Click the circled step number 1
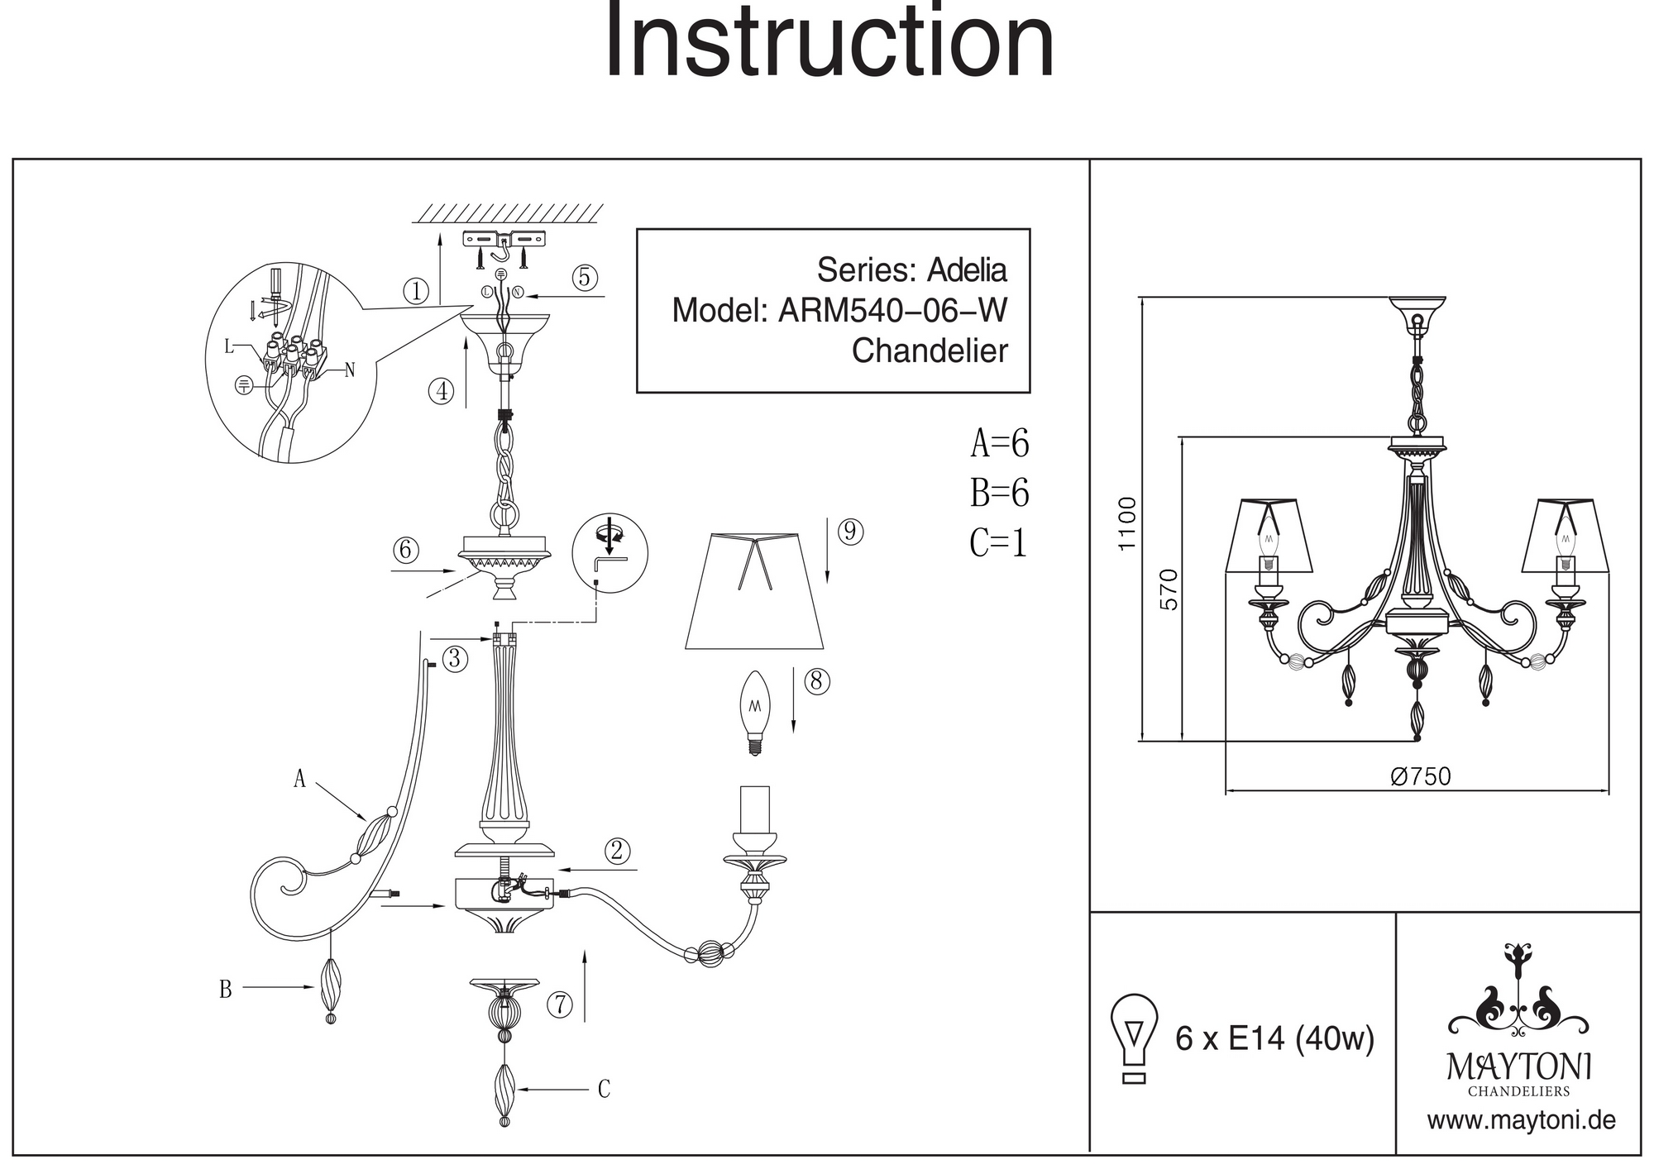tap(416, 291)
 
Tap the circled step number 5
tap(585, 278)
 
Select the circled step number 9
tap(850, 532)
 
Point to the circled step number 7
tap(560, 1004)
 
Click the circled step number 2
tap(616, 851)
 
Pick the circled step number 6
tap(405, 550)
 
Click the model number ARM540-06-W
tap(893, 311)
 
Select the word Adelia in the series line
tap(967, 270)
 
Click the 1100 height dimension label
tap(1126, 523)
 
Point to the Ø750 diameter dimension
tap(1421, 776)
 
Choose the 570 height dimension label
tap(1168, 589)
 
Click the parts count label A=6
tap(1000, 444)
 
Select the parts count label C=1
tap(998, 543)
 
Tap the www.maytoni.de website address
tap(1521, 1120)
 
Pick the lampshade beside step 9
tap(754, 591)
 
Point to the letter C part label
tap(604, 1090)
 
